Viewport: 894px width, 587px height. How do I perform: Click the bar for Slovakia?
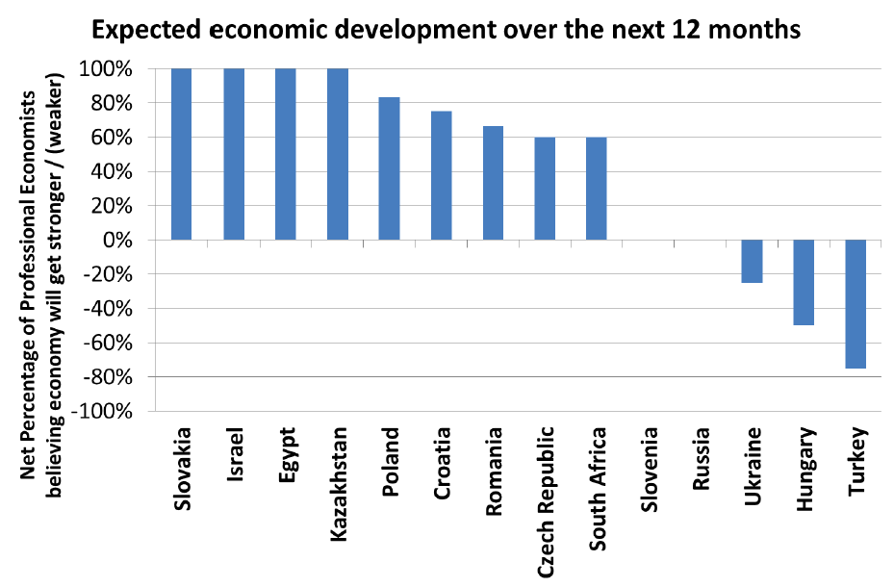coord(181,154)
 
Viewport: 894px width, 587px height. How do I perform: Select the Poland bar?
coord(390,168)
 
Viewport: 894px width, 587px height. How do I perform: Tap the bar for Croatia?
coord(442,175)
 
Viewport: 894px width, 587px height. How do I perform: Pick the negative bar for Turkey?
coord(856,304)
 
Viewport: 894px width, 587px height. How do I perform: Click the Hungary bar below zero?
coord(804,283)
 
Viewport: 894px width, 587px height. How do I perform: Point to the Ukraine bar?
coord(752,261)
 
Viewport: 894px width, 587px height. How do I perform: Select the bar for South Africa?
coord(597,189)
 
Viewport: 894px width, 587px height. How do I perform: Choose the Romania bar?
coord(493,183)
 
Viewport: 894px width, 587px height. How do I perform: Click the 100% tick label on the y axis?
coord(106,69)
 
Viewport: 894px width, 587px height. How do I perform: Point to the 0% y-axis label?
coord(118,241)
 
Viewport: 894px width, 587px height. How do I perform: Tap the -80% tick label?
coord(108,377)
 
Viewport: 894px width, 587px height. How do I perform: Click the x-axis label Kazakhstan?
coord(339,484)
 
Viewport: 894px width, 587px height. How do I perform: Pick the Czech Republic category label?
coord(546,502)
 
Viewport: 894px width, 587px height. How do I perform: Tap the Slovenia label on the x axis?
coord(649,469)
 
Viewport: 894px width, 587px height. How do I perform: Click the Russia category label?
coord(701,458)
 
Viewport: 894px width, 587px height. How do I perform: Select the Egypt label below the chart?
coord(288,455)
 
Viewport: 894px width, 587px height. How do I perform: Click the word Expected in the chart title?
coord(146,31)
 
